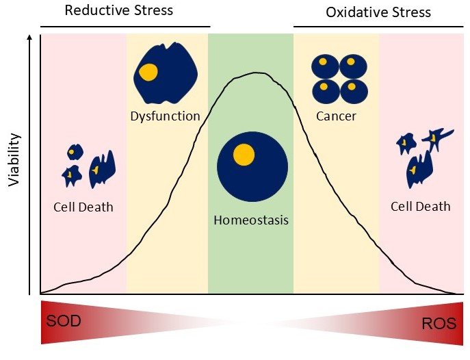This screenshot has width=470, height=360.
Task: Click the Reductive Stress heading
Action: point(118,10)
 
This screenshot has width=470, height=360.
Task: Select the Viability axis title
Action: point(14,159)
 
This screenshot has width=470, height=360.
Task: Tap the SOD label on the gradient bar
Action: point(64,321)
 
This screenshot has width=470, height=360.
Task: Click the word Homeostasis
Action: point(251,220)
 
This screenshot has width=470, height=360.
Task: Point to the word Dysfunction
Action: point(165,116)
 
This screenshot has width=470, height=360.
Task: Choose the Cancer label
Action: point(336,116)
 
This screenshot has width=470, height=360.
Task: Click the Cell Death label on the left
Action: point(83,207)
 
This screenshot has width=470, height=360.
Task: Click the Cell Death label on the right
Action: point(421,206)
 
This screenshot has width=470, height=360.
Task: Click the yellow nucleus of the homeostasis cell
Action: point(244,155)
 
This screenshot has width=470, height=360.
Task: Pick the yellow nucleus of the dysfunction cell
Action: point(148,70)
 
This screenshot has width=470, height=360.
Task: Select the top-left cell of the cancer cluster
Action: point(324,66)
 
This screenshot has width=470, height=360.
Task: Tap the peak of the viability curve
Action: point(254,73)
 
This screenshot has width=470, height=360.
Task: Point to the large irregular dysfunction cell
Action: point(164,70)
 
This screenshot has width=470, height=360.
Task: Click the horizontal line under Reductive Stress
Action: point(125,27)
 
